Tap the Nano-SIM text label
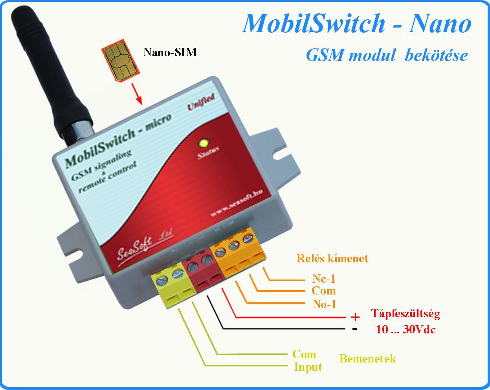(x=170, y=52)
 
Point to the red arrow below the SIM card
(x=137, y=94)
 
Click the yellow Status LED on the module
(x=204, y=143)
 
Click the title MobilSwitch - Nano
(x=356, y=24)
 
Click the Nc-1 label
(x=324, y=279)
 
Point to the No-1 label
(x=324, y=304)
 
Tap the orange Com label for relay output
(x=323, y=291)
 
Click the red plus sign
(x=355, y=317)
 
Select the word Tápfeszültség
(x=405, y=314)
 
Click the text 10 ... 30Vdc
(x=405, y=329)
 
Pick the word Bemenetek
(x=367, y=359)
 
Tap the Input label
(x=308, y=367)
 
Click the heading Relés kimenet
(x=332, y=258)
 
